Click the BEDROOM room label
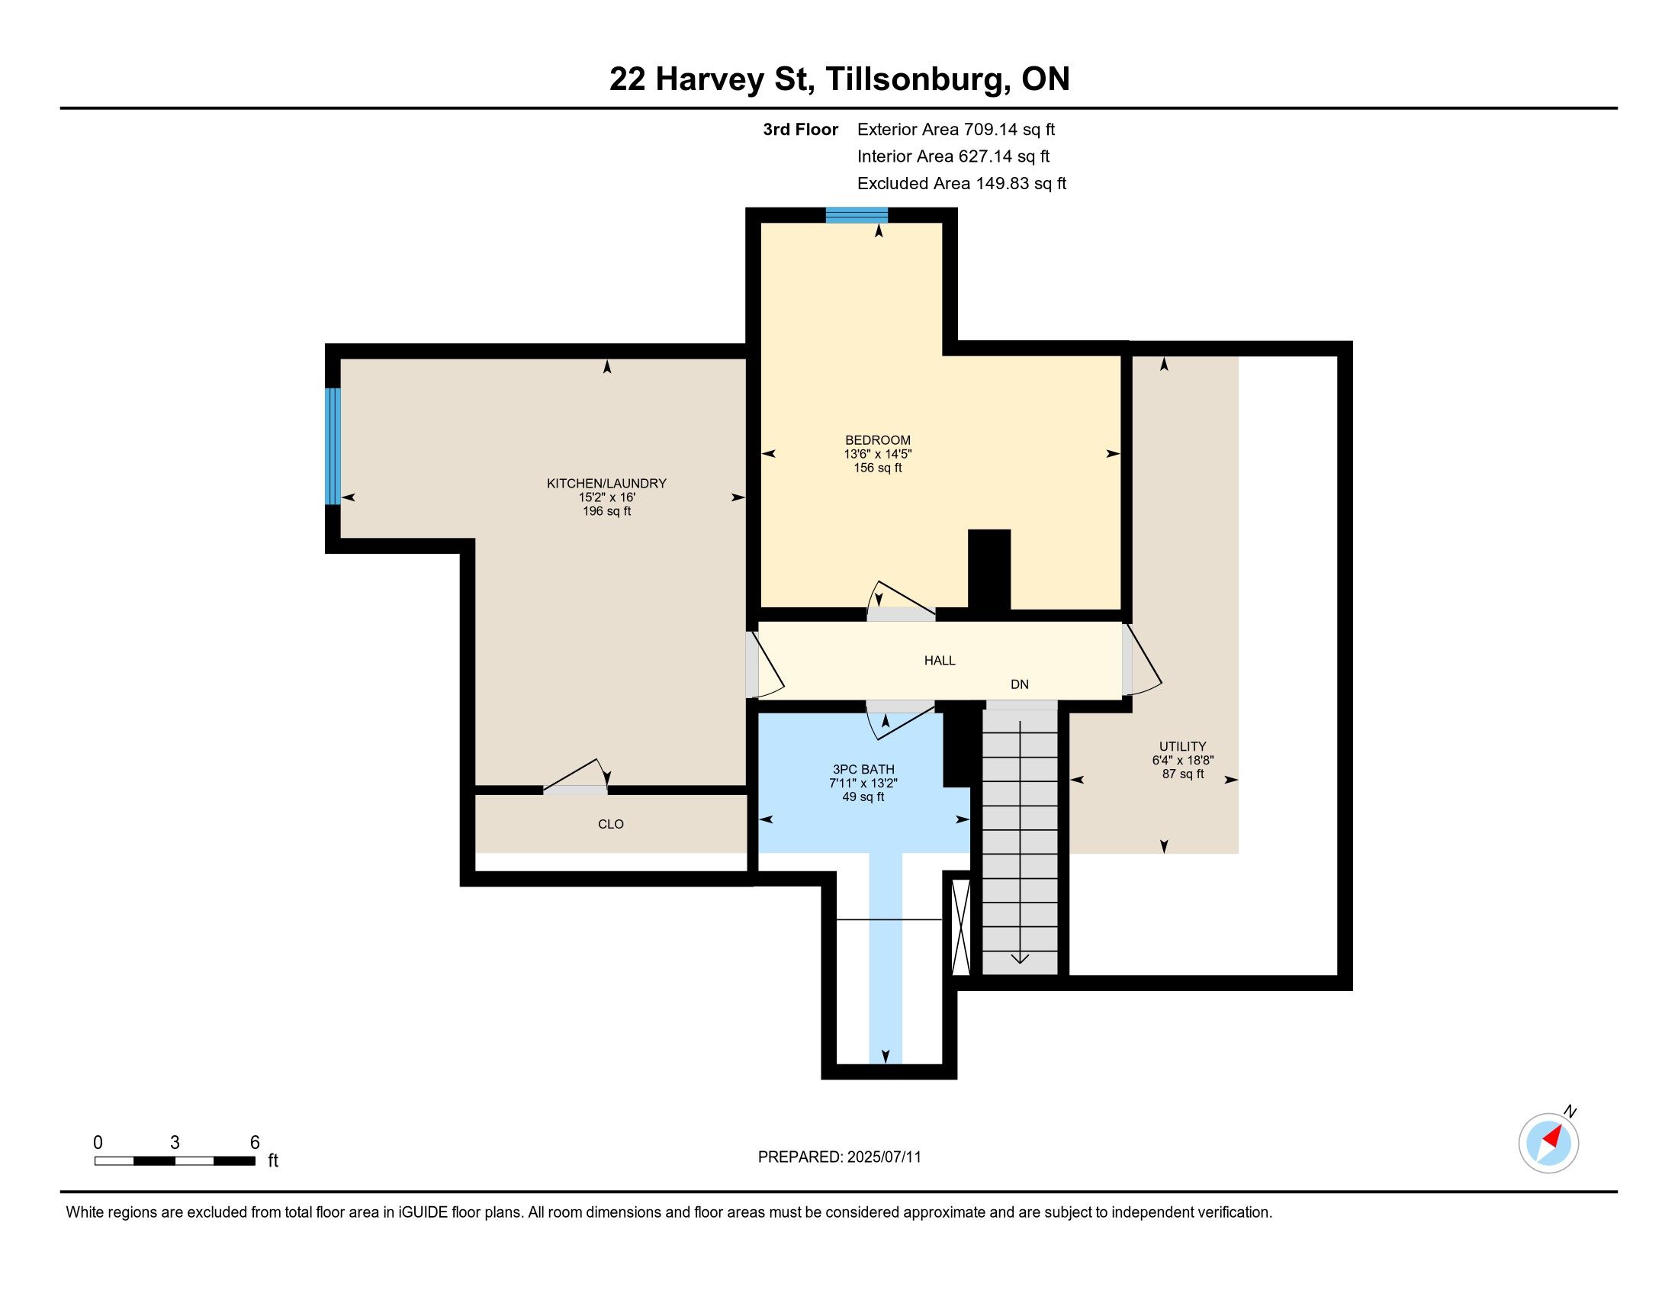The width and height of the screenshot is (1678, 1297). tap(877, 440)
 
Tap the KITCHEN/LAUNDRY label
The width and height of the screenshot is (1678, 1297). tap(606, 483)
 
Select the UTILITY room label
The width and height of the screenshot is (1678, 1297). tap(1182, 746)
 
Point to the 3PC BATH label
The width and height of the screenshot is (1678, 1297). tap(863, 769)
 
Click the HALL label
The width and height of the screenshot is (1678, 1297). tap(940, 660)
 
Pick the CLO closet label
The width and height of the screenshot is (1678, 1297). tap(611, 824)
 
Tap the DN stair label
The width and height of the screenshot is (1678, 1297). tap(1020, 684)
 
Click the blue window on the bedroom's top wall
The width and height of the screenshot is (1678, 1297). tap(857, 215)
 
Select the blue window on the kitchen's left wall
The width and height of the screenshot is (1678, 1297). tap(333, 446)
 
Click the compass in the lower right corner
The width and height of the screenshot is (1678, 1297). tap(1548, 1143)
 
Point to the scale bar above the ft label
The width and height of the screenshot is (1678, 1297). tap(175, 1160)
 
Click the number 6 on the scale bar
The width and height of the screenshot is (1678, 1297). tap(254, 1142)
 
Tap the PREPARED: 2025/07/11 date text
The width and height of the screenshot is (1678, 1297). tap(839, 1157)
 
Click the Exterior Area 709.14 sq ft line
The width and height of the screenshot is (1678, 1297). tap(956, 129)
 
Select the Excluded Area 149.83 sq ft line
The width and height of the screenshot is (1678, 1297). tap(961, 183)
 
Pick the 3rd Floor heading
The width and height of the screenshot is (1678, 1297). tap(800, 129)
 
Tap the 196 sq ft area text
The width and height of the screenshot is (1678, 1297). tap(606, 511)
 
